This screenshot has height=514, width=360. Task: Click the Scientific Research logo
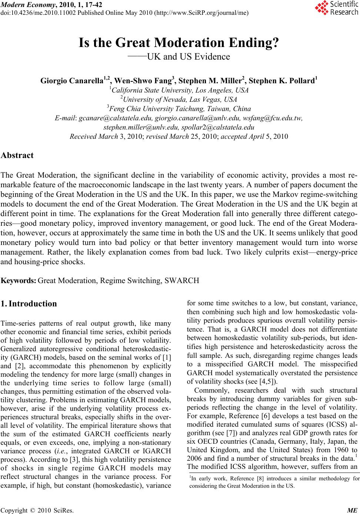[336, 8]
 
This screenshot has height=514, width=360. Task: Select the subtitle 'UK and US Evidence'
[188, 57]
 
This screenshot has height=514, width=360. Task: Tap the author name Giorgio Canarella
[74, 81]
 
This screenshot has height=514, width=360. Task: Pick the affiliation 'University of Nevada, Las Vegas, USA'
[180, 100]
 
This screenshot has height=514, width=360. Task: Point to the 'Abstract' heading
[17, 155]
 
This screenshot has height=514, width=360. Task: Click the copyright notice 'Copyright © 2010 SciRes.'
[37, 510]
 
